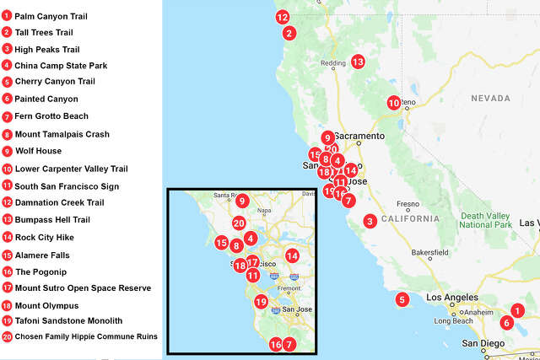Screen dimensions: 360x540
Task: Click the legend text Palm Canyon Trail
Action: click(51, 16)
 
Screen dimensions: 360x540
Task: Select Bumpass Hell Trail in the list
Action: click(52, 219)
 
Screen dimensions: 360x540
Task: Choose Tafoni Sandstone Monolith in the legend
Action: click(68, 320)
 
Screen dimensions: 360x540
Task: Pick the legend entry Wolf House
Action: click(38, 151)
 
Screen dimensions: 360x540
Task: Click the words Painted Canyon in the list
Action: click(46, 99)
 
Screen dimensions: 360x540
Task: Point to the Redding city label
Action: click(334, 64)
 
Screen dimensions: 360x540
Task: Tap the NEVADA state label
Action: click(490, 99)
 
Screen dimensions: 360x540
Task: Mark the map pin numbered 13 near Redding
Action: click(357, 62)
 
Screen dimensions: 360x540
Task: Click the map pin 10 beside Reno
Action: click(393, 103)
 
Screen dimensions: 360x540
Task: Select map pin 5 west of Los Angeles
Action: click(402, 298)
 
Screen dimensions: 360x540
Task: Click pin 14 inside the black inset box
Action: click(292, 255)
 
